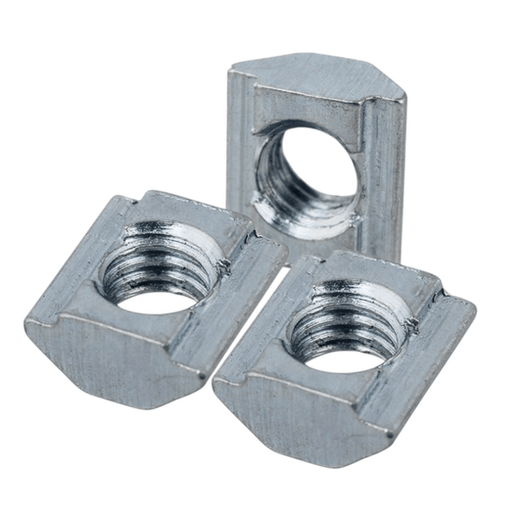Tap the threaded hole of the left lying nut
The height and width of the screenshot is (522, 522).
(x=157, y=269)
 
